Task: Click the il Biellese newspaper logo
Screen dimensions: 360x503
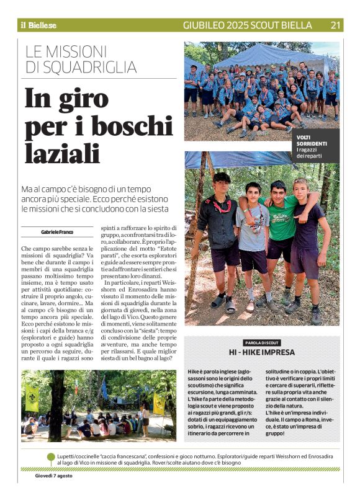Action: point(38,25)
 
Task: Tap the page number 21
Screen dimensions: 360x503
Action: point(336,25)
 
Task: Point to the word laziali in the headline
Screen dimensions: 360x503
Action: point(62,153)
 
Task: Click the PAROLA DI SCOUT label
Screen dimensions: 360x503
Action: point(262,342)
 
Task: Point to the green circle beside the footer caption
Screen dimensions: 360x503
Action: point(51,458)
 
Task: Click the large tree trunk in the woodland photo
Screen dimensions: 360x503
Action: point(57,403)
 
